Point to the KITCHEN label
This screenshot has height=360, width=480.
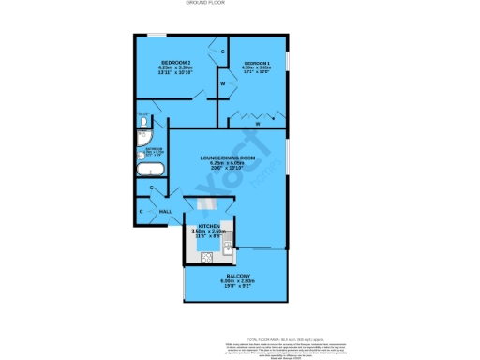point(208,226)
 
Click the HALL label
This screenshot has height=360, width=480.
point(165,213)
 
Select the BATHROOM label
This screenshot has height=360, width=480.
point(154,149)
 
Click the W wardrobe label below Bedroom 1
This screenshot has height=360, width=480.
point(257,123)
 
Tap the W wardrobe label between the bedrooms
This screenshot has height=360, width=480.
point(222,84)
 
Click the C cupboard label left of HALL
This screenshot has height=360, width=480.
point(142,212)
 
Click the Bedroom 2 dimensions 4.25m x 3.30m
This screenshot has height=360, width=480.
point(174,67)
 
